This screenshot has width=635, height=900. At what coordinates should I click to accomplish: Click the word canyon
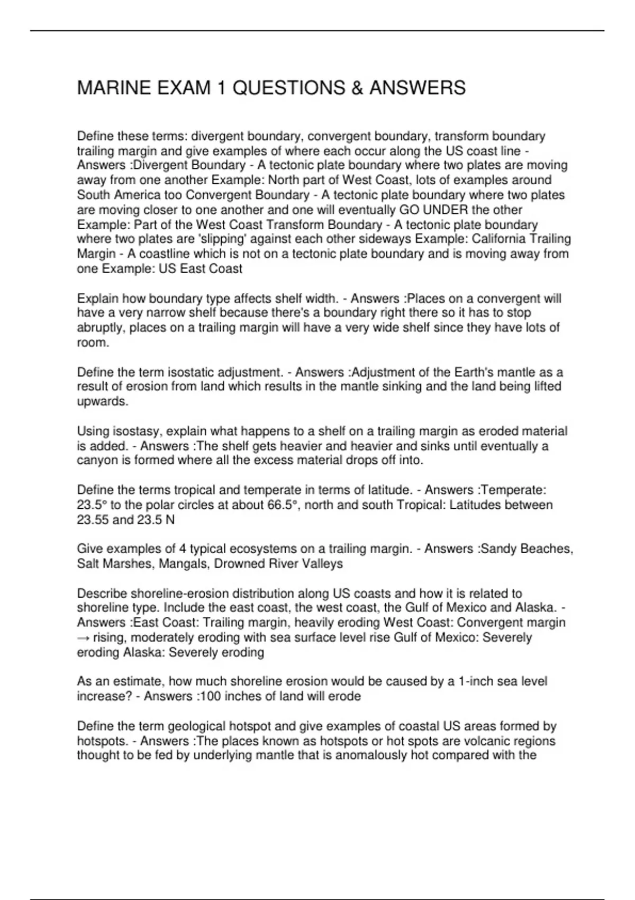pyautogui.click(x=97, y=461)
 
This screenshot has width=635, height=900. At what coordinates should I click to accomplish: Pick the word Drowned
pyautogui.click(x=238, y=564)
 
